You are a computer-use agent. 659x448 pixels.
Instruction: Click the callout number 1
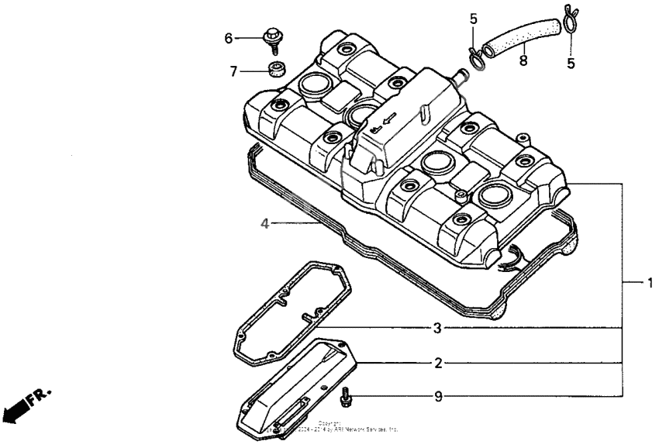click(650, 283)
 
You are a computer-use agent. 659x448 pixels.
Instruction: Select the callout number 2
click(438, 363)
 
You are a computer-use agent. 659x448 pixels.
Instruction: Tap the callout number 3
click(438, 328)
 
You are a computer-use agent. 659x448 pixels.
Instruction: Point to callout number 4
click(264, 224)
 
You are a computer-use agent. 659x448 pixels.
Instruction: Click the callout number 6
click(229, 38)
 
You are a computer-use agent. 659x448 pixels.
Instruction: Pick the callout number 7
click(233, 71)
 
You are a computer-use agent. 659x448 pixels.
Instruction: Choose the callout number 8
click(523, 60)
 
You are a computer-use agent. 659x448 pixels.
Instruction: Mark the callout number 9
click(438, 397)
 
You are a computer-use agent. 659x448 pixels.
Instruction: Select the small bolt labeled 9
click(347, 398)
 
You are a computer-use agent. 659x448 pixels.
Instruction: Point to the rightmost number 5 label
click(571, 64)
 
